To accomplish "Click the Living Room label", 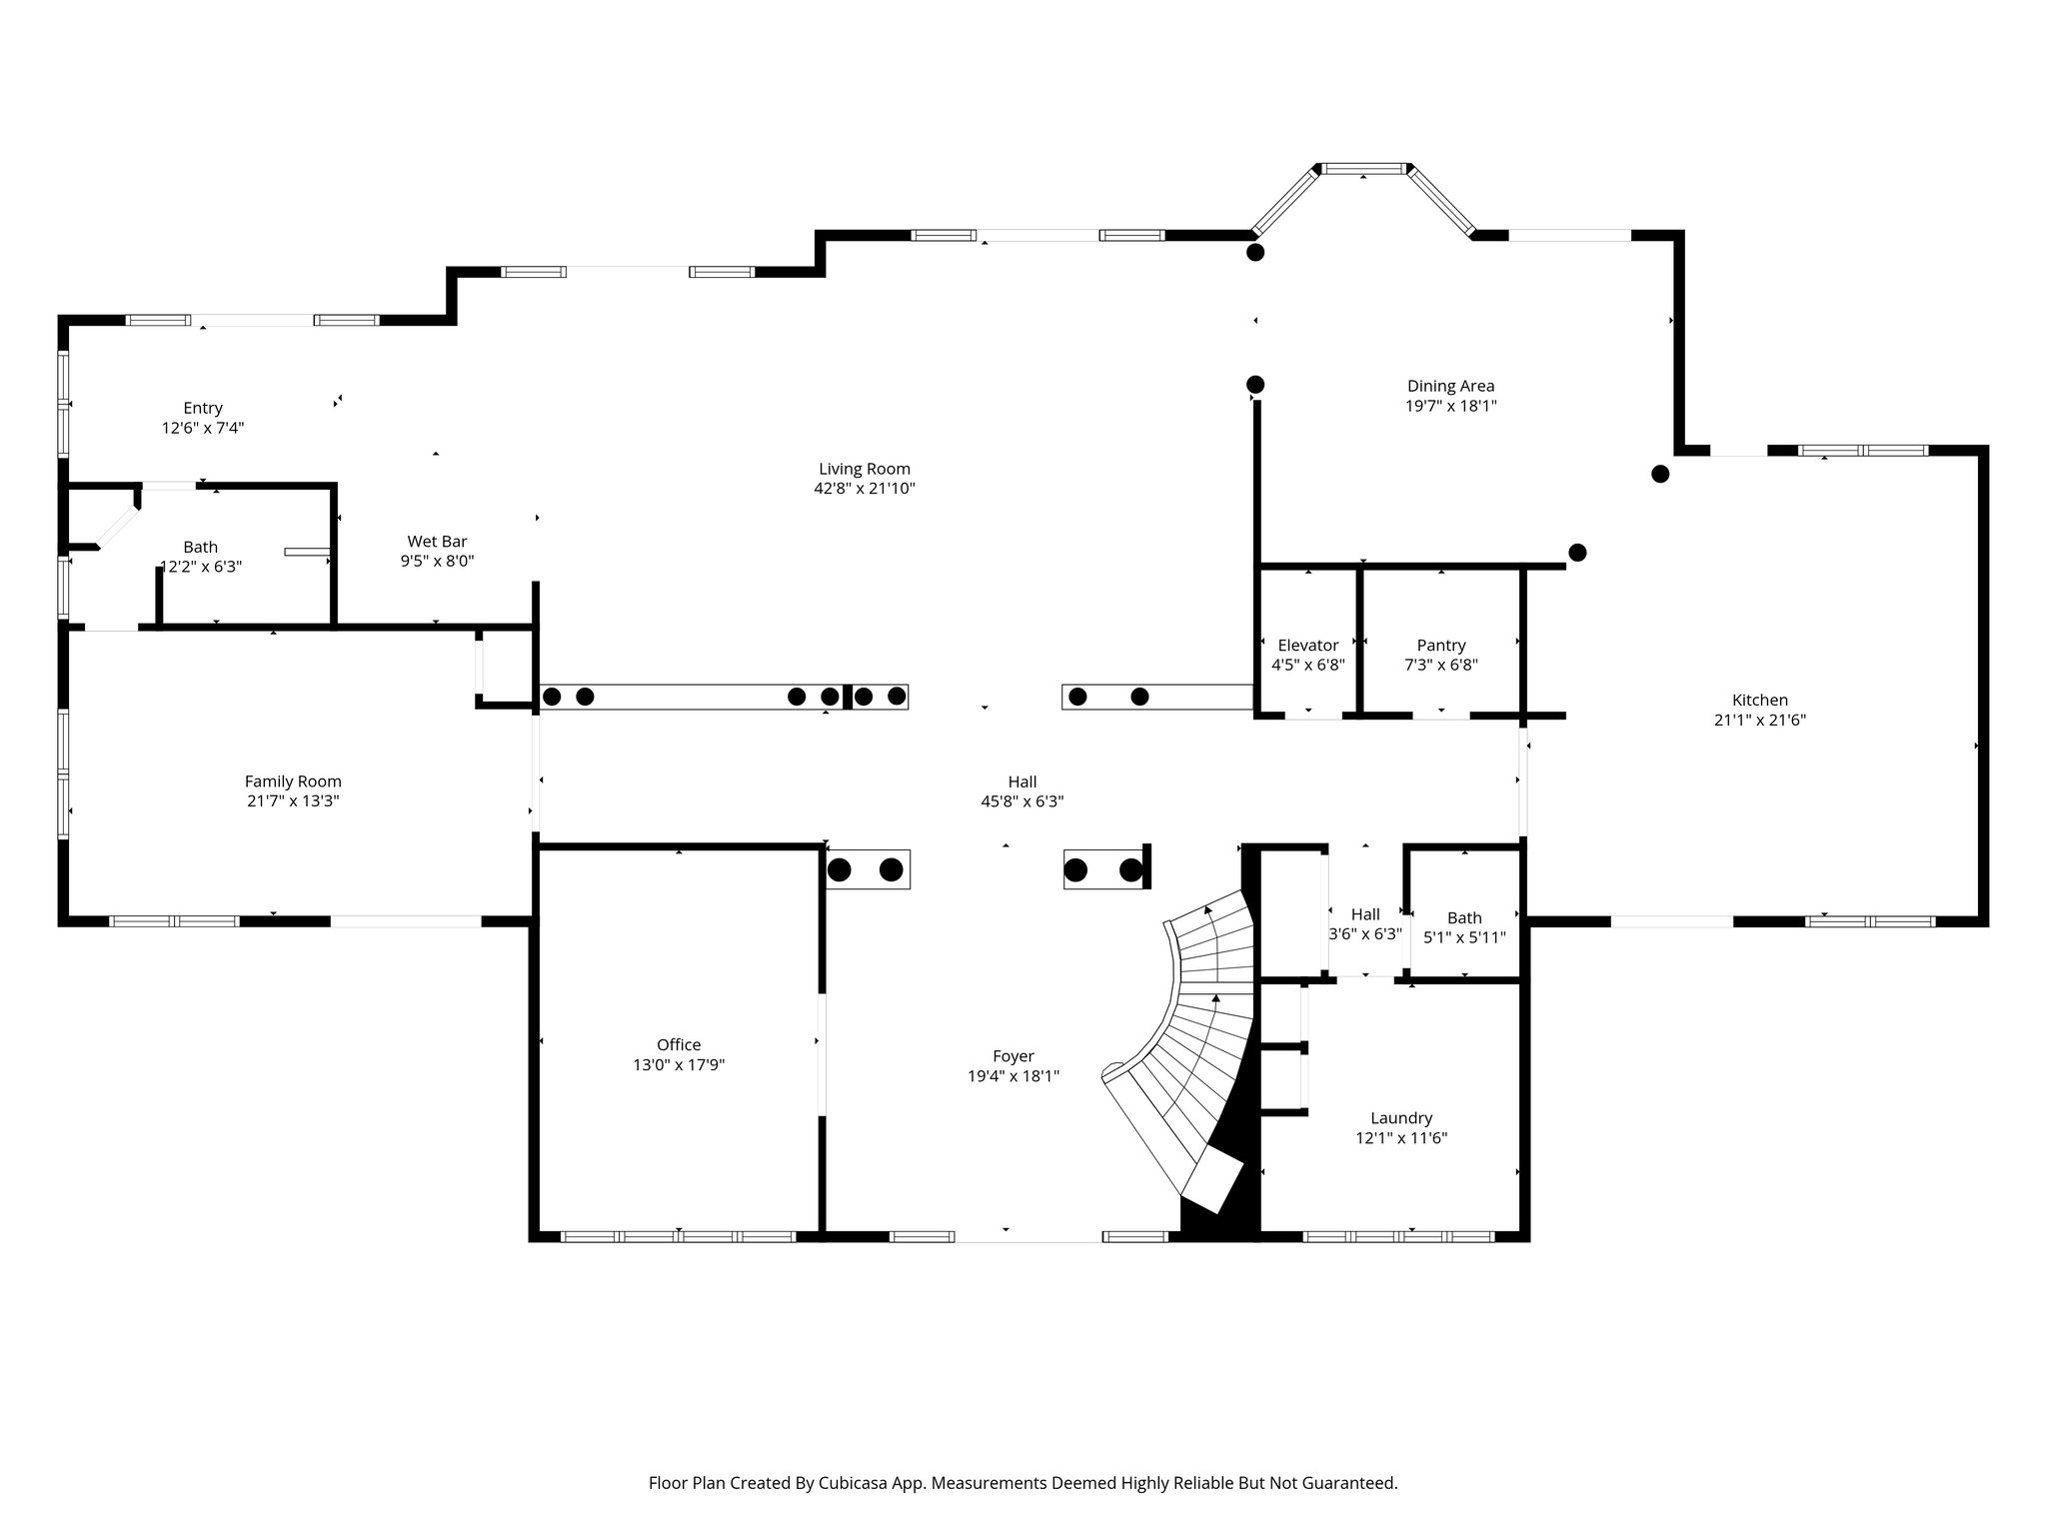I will click(864, 469).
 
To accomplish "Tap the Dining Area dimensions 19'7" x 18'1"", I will click(1450, 406).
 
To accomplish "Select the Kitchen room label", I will click(1759, 700).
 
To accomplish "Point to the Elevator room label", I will click(1307, 645).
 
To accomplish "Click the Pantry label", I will click(1440, 645).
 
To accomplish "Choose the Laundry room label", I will click(1400, 1117).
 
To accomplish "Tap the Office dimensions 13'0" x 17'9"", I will click(678, 1065).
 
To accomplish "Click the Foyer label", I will click(1013, 1055).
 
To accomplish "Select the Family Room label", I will click(293, 781).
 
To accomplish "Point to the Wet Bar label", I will click(437, 542).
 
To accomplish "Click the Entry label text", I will click(203, 408).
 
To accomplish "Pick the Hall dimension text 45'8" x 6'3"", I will click(1022, 801).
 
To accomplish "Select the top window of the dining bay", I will click(1364, 169).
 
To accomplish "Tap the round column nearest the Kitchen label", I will click(1577, 552).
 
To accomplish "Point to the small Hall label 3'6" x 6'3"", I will click(1365, 914).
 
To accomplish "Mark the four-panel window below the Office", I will click(678, 1236).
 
